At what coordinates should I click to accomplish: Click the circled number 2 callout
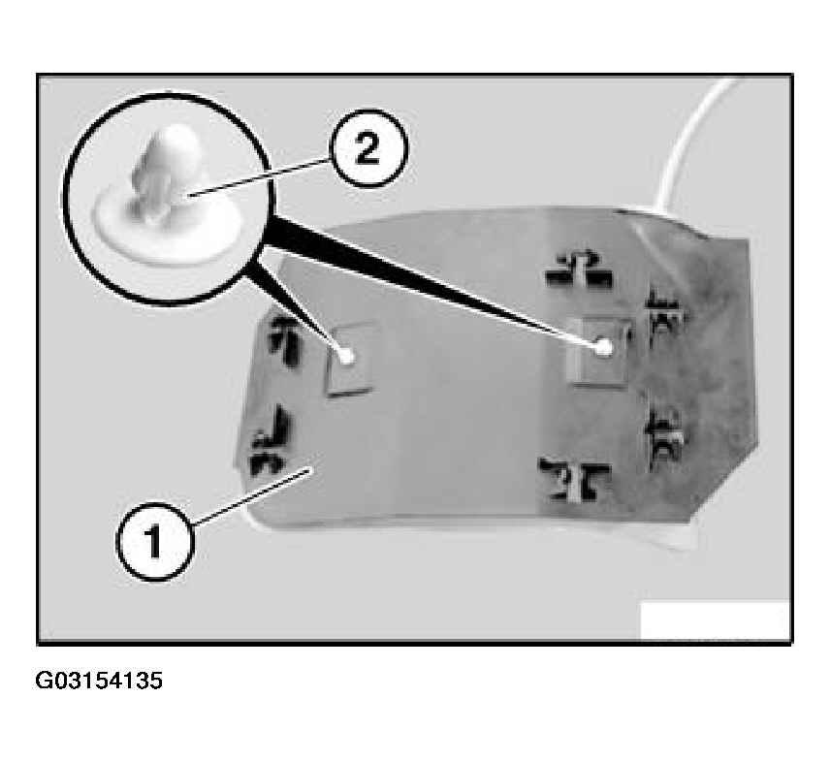(x=368, y=147)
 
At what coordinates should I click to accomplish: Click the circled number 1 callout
(x=154, y=542)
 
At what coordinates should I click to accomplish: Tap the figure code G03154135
(x=99, y=681)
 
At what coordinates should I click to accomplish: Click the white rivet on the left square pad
(x=346, y=357)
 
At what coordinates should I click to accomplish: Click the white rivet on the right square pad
(x=603, y=347)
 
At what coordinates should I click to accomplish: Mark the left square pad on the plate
(x=350, y=361)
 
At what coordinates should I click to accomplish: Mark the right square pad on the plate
(x=599, y=351)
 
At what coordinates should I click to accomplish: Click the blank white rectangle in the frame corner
(x=715, y=620)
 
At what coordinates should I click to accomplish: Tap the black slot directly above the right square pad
(x=579, y=271)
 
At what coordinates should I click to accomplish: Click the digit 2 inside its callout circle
(x=368, y=148)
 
